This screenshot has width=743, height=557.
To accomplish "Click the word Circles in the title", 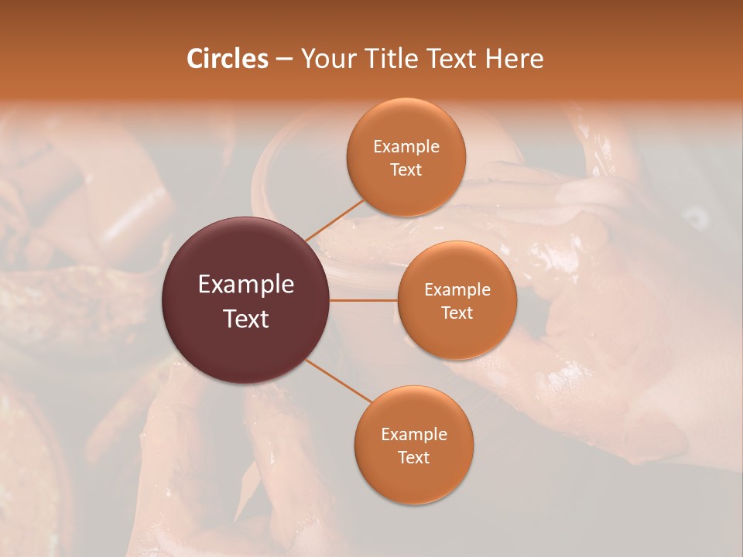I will (x=227, y=59).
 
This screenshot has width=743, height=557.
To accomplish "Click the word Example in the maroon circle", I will (x=246, y=285).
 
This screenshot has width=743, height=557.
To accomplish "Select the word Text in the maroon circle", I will (x=246, y=318).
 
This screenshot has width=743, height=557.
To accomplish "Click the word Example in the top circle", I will (x=406, y=146).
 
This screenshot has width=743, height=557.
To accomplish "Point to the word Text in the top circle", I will (x=406, y=169).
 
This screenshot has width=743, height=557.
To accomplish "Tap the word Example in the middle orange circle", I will (x=457, y=290).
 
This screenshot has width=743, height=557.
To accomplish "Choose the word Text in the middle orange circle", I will (x=457, y=313).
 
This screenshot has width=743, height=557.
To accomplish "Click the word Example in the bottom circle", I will (x=413, y=434).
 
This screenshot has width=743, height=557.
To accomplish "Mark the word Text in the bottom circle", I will (x=413, y=457).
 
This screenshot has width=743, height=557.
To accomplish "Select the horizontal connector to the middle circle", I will (x=364, y=300).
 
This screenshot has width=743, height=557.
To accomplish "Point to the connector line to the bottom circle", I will (x=337, y=381).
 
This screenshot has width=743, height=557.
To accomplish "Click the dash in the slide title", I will (x=284, y=60).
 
